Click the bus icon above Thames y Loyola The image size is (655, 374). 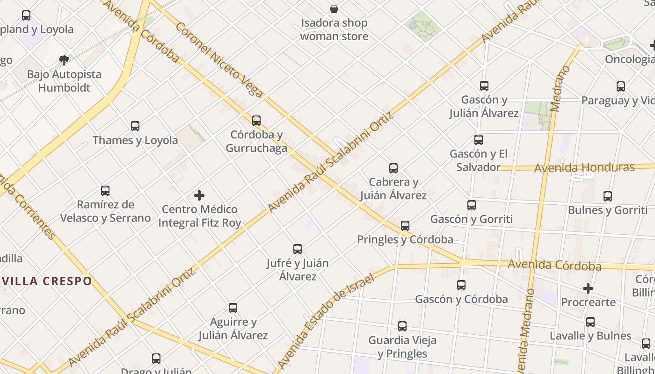135,126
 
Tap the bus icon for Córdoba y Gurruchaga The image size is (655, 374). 256,121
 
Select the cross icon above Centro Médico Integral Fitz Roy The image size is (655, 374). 199,195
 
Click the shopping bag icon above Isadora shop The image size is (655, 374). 334,9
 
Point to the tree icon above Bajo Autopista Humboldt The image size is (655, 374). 64,60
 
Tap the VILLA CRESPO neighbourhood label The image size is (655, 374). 47,281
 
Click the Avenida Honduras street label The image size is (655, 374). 584,167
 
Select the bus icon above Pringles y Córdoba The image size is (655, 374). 405,226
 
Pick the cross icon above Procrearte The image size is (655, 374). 588,288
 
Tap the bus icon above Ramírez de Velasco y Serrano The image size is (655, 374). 105,191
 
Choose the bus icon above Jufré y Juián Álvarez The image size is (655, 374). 298,249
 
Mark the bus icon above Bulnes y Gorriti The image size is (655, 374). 608,196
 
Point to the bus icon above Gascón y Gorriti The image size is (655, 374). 472,205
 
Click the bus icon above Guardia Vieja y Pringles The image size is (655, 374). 402,326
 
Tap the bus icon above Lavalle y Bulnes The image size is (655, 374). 590,322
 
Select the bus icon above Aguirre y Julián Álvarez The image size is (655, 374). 233,308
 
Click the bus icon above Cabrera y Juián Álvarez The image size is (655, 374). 393,168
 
